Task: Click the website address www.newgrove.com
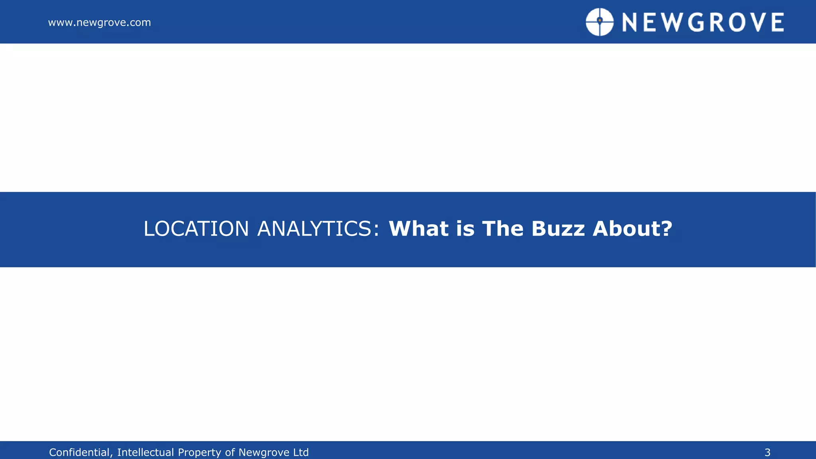[99, 23]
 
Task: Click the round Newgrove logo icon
[599, 22]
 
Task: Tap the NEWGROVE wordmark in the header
[703, 22]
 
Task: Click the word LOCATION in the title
[196, 229]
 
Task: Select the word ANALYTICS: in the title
[318, 229]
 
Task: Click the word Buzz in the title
[557, 229]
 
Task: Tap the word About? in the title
[632, 229]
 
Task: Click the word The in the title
[502, 229]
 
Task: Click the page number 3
[767, 453]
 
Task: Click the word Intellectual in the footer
[145, 453]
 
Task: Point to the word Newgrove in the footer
[264, 453]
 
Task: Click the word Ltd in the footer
[301, 453]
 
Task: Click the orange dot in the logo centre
[599, 20]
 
